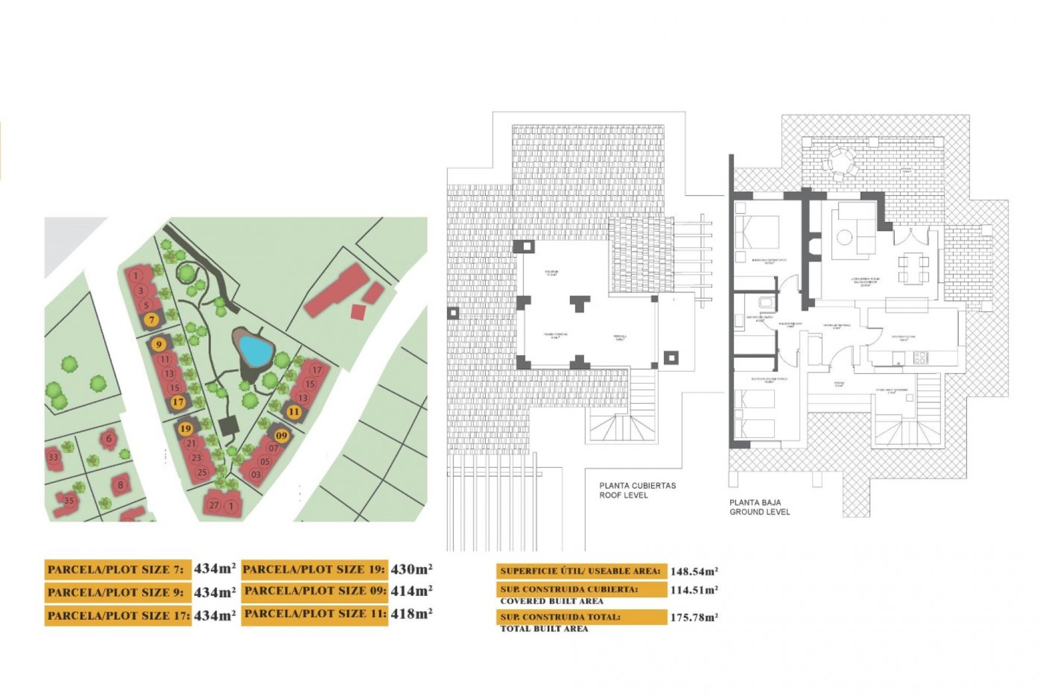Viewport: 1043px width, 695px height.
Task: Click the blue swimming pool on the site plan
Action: tap(255, 350)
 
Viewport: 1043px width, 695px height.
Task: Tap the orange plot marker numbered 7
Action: tap(152, 320)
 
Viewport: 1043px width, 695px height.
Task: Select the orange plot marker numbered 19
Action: tap(186, 428)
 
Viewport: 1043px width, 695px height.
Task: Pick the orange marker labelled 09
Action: tap(281, 435)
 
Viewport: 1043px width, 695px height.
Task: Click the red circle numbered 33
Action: tap(53, 457)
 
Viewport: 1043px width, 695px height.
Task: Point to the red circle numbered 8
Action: tap(120, 485)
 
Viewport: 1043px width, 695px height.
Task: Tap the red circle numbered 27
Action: tap(214, 506)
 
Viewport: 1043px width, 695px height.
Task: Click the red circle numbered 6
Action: tap(109, 439)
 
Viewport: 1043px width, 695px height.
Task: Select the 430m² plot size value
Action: tap(411, 569)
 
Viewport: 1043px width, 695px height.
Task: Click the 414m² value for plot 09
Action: tap(411, 591)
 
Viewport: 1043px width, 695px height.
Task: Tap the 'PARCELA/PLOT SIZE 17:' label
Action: tap(118, 616)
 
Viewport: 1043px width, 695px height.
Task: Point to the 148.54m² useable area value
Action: tap(694, 571)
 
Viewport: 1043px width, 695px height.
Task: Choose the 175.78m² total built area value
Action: tap(694, 617)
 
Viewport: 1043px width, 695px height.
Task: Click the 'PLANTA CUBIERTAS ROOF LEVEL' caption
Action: tap(637, 490)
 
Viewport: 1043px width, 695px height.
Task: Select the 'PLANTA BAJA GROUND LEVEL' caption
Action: tap(759, 507)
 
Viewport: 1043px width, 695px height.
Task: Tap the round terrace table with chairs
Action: tap(839, 161)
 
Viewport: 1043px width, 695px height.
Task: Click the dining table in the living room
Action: tap(913, 269)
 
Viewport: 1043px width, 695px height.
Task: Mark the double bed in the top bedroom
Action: tap(756, 231)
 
